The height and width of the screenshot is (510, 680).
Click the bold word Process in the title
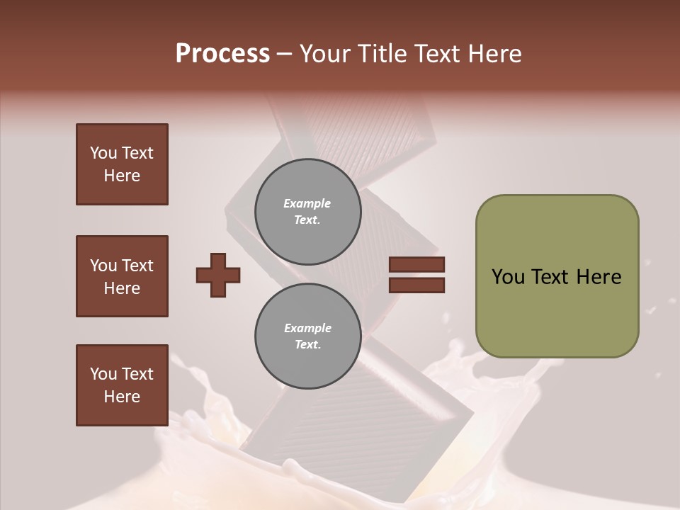click(x=222, y=54)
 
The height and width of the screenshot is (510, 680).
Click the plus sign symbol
click(x=218, y=275)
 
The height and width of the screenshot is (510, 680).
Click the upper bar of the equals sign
click(x=416, y=265)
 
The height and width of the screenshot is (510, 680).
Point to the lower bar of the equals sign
click(x=416, y=285)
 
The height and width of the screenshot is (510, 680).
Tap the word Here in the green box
click(x=599, y=277)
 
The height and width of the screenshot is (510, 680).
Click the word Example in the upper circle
click(x=307, y=203)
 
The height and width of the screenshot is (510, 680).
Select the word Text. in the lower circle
click(x=307, y=345)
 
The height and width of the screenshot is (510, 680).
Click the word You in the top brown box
click(x=103, y=153)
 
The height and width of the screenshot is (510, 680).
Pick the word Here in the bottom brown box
click(x=122, y=397)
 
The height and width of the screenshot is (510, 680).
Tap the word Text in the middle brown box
click(x=137, y=266)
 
